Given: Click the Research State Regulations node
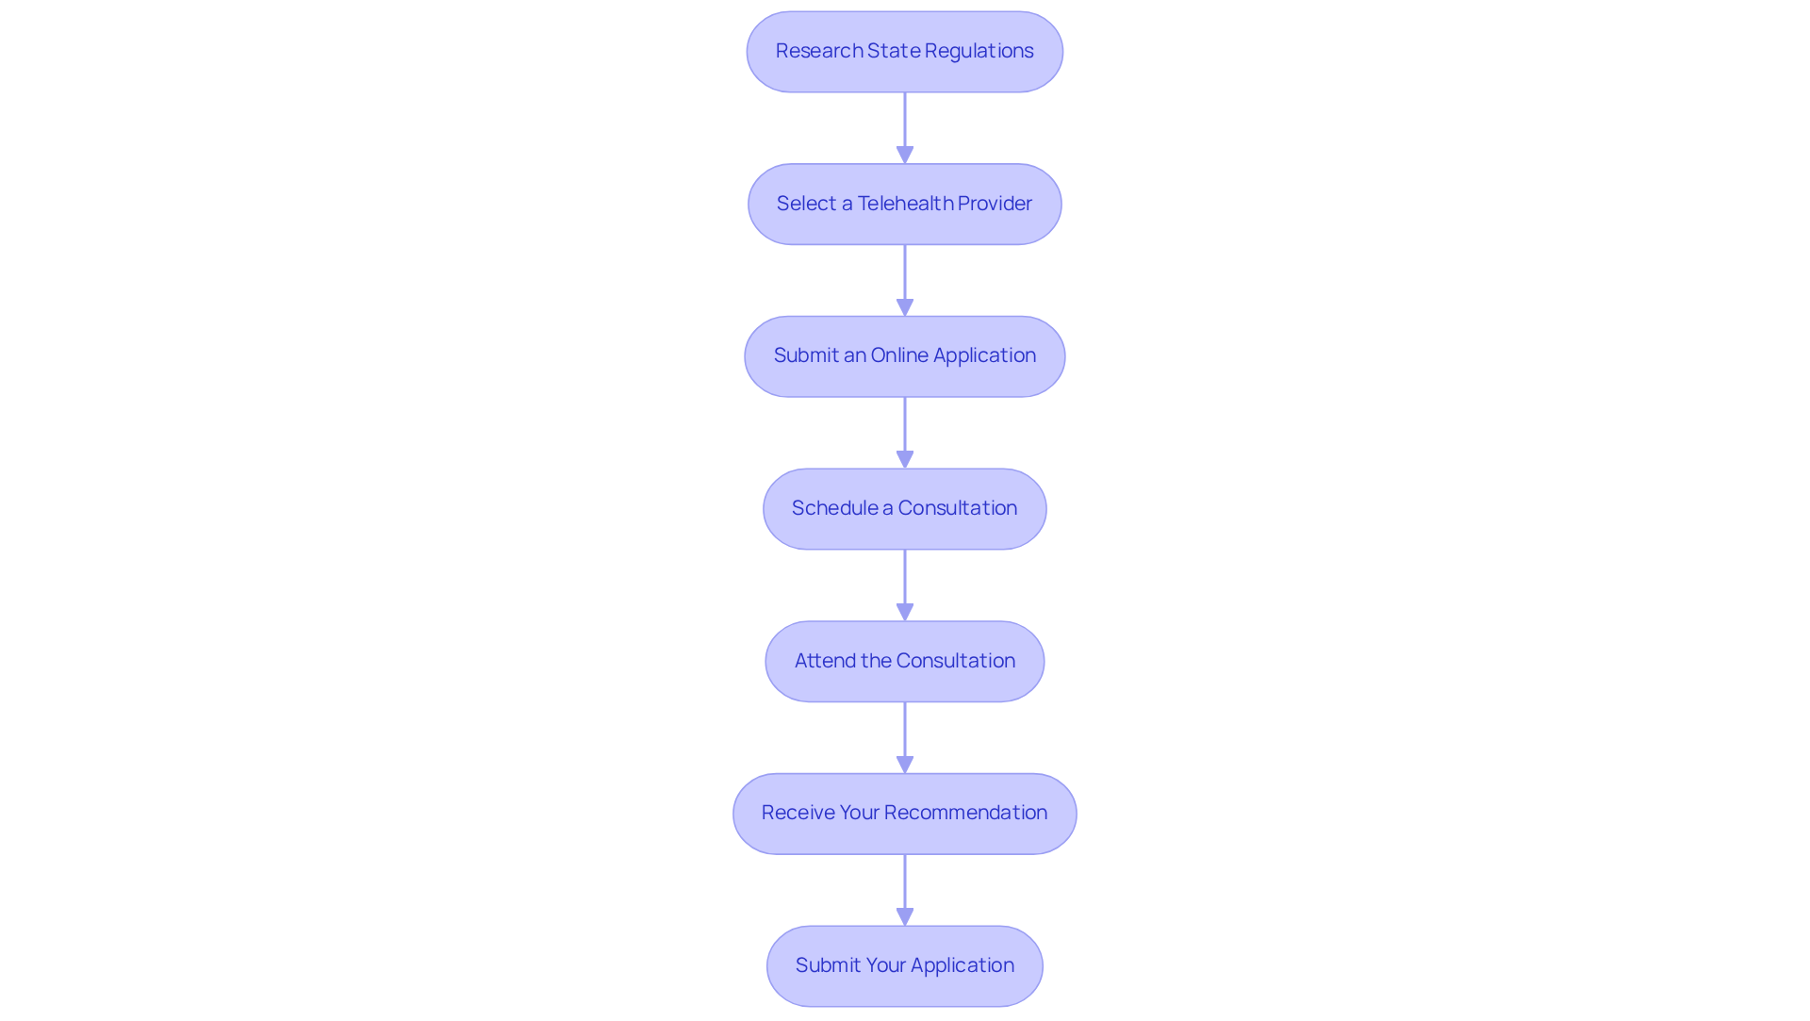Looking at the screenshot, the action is [905, 52].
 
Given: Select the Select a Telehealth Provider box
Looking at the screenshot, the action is [905, 205].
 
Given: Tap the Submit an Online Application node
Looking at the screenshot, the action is [905, 356].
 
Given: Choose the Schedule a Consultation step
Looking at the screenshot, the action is [905, 509].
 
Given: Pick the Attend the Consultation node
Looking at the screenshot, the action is [905, 661].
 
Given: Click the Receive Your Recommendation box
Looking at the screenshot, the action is [905, 814].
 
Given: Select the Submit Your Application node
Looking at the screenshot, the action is [905, 966].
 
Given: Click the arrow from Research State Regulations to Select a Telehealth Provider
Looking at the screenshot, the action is [905, 128].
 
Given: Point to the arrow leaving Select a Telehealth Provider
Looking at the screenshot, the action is [905, 281].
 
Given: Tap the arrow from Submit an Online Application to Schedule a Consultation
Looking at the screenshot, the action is [905, 433].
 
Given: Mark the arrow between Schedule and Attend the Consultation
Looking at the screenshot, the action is [905, 585].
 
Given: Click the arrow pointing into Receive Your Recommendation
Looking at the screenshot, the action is [905, 738].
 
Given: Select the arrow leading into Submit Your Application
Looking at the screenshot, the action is [905, 890].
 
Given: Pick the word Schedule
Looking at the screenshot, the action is [835, 508].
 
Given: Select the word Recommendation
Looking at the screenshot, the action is [965, 813].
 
